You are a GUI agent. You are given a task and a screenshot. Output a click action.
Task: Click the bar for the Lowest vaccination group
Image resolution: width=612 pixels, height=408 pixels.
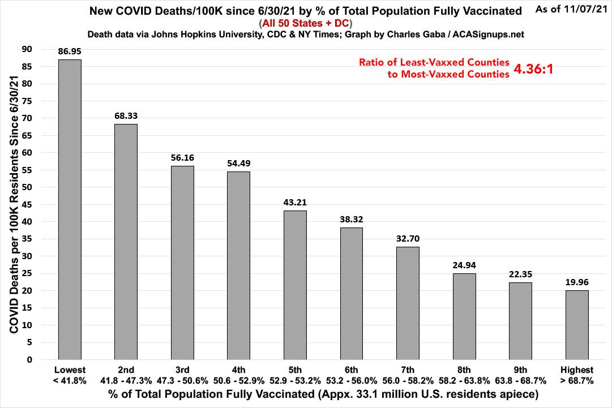click(70, 209)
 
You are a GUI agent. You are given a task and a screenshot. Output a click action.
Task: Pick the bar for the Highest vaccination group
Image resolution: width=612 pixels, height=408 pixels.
click(577, 325)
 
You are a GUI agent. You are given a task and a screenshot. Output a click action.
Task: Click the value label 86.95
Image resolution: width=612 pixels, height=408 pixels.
click(70, 51)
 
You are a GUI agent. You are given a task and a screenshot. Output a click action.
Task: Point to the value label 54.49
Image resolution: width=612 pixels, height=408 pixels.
click(238, 163)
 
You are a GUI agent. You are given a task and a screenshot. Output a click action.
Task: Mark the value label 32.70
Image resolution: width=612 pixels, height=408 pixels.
click(408, 238)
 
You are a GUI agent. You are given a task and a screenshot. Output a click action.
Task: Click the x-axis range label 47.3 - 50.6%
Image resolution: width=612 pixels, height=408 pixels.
click(182, 381)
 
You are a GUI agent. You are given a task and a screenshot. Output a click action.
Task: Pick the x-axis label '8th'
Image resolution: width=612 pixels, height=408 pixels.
click(464, 370)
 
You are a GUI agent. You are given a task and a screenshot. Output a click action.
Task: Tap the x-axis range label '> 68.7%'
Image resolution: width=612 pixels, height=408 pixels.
click(577, 381)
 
